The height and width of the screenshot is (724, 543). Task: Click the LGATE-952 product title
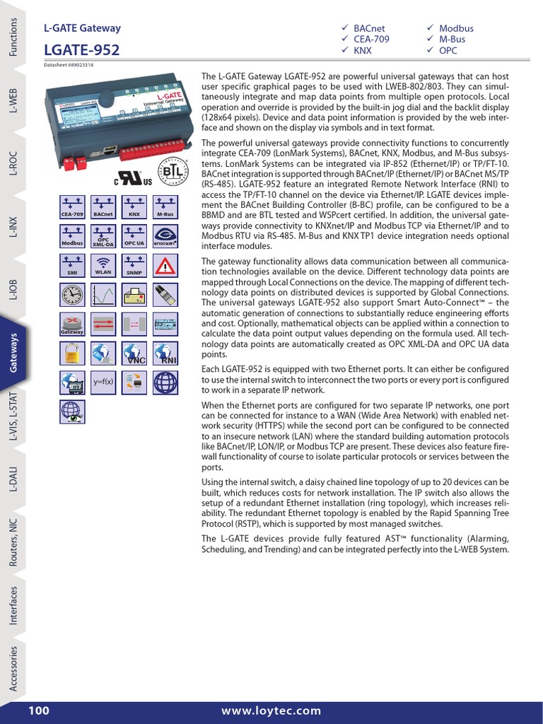tap(81, 50)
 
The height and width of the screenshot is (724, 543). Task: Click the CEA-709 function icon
tap(72, 205)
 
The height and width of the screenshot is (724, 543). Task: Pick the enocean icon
tap(165, 235)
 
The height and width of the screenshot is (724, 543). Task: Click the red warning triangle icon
tap(165, 265)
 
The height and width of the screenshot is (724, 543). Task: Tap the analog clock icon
tap(72, 294)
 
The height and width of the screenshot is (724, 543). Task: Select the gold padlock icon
tap(72, 352)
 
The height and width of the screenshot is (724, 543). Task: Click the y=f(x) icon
tap(103, 382)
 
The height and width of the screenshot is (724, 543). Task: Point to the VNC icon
tap(134, 352)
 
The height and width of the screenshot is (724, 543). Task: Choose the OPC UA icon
tap(134, 235)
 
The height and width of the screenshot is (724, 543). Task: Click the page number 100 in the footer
tap(40, 711)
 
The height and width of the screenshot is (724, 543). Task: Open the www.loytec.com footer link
tap(271, 711)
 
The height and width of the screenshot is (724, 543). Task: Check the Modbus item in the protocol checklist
tap(455, 28)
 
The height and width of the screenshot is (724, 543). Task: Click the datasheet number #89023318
tap(69, 64)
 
